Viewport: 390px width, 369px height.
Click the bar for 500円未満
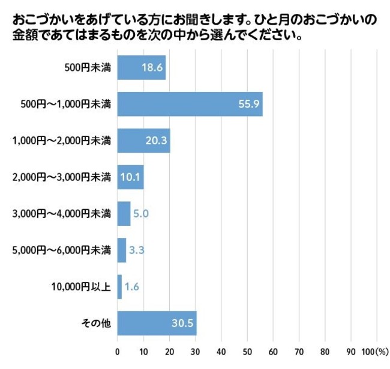[141, 68]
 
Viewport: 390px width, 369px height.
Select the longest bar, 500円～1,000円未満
[190, 104]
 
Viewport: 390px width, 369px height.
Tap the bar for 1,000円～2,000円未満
[143, 141]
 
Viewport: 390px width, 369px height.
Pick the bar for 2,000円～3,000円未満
[130, 177]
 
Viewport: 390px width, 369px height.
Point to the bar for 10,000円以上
[119, 287]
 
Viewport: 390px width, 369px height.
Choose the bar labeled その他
[157, 323]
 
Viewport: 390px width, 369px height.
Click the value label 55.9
[248, 105]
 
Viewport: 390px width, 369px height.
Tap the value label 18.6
[152, 68]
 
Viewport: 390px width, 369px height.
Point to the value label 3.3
[136, 250]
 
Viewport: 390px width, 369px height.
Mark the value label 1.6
[131, 287]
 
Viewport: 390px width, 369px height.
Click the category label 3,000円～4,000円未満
[62, 213]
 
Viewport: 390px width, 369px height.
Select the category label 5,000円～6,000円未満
[62, 250]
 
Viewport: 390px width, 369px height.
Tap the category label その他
[96, 323]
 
